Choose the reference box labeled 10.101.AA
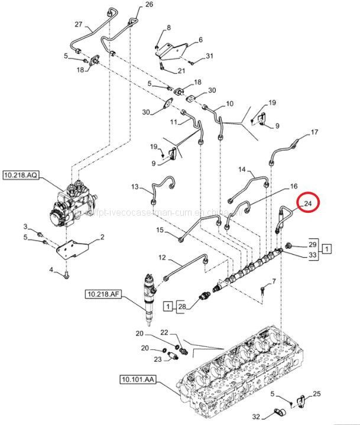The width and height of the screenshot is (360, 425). [137, 379]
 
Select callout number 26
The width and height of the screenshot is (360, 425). [148, 5]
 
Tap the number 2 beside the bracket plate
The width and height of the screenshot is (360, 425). [102, 237]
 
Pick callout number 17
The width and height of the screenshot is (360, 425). [314, 132]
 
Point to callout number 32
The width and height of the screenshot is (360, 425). [257, 417]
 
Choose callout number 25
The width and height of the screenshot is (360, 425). [317, 394]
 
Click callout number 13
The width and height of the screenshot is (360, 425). [135, 187]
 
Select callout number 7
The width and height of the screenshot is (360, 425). [274, 281]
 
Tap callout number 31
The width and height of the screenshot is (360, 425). [209, 56]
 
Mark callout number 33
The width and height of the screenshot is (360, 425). [313, 255]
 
